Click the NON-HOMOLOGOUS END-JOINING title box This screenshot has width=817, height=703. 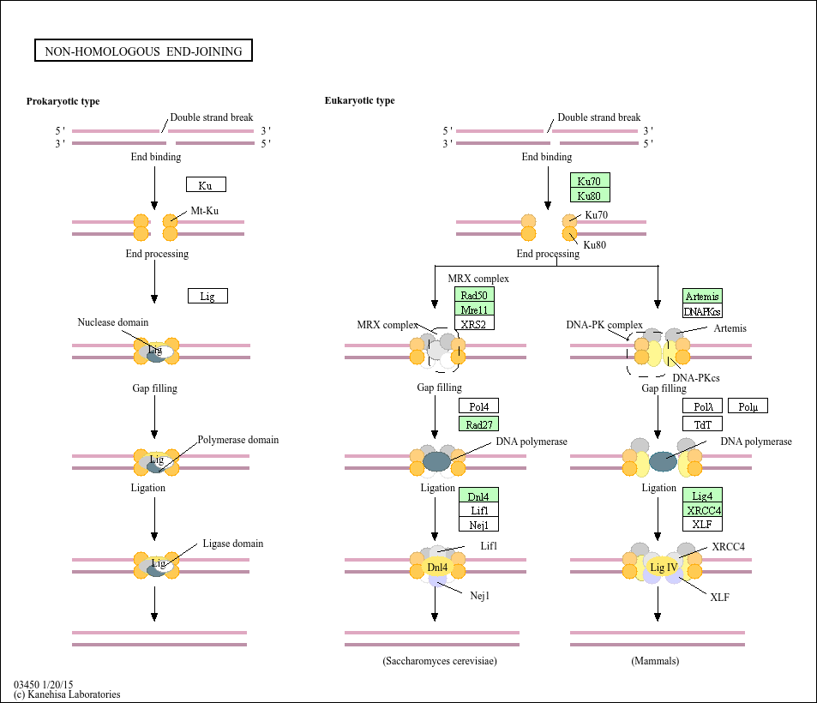tap(143, 51)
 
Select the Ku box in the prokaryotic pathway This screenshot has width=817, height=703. tap(206, 185)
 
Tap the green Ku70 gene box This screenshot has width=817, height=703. tap(590, 181)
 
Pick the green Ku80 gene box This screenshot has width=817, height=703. tap(590, 195)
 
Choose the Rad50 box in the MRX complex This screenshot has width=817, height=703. tap(474, 296)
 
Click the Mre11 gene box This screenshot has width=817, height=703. tap(474, 309)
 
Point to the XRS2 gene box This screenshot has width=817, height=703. tap(474, 324)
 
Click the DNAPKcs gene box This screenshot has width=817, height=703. tap(703, 311)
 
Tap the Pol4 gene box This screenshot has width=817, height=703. tap(478, 406)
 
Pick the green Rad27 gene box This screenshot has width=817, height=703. tap(478, 424)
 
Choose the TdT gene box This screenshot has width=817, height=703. tap(702, 424)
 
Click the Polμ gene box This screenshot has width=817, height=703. tap(748, 406)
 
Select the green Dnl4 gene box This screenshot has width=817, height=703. tap(478, 496)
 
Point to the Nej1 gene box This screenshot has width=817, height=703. tap(478, 524)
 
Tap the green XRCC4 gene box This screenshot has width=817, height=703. tap(702, 510)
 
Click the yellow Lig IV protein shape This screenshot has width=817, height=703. tap(664, 568)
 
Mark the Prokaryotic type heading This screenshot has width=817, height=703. tap(63, 101)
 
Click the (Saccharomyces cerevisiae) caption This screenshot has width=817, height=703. tap(440, 661)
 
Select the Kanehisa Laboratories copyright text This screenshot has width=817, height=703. tap(67, 694)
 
